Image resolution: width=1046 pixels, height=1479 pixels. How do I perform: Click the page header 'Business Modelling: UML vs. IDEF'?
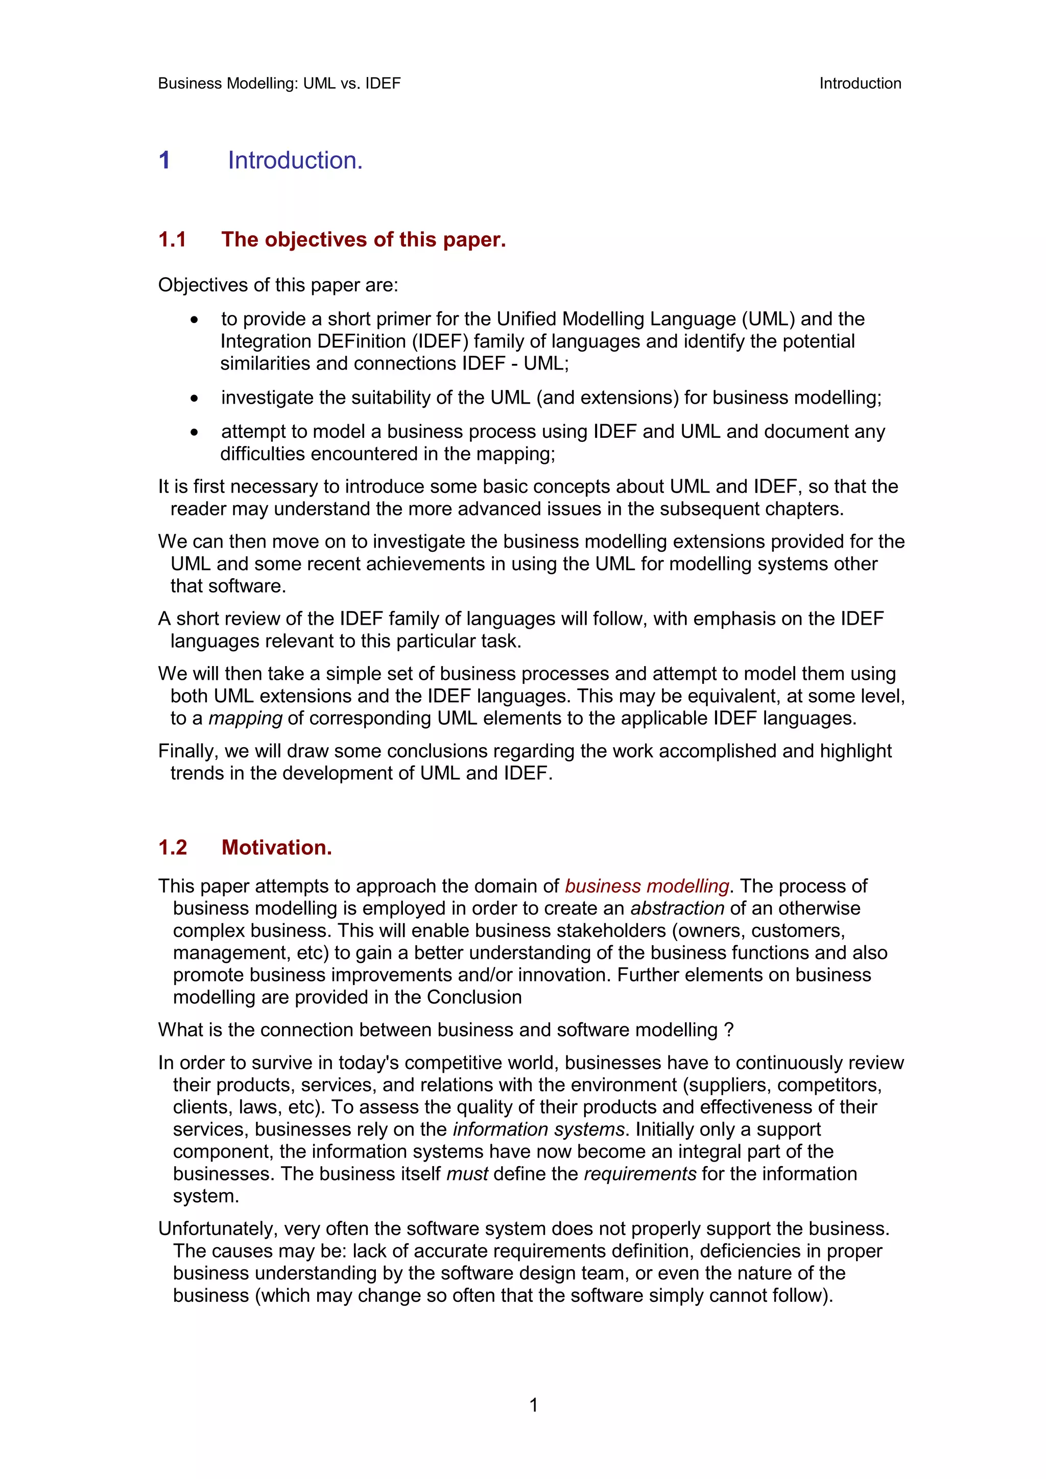279,84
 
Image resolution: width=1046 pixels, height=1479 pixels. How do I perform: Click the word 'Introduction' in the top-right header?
860,84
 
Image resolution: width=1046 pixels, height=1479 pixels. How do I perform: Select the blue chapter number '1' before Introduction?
164,160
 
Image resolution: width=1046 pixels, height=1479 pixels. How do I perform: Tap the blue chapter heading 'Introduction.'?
295,160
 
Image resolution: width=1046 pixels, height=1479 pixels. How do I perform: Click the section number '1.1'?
172,240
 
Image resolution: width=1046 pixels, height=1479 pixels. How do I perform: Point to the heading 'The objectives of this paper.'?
364,240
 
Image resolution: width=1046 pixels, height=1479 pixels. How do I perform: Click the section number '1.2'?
173,847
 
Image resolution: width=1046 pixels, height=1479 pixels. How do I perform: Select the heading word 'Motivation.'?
276,847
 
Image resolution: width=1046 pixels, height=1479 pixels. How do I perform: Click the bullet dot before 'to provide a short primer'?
194,320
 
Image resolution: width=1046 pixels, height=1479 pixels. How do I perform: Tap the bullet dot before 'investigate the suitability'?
194,399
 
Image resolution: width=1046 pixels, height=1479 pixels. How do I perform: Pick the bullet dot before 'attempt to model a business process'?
194,432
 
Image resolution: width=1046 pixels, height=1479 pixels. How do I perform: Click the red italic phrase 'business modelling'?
647,886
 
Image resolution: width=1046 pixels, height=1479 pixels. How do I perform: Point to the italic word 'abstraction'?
677,908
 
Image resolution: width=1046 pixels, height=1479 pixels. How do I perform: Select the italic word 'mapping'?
245,718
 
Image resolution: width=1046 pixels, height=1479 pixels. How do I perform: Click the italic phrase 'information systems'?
538,1129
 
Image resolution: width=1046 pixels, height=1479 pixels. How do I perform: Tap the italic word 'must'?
467,1174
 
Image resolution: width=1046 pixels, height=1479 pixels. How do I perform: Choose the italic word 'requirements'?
639,1174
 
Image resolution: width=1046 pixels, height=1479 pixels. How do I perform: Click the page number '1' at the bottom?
533,1405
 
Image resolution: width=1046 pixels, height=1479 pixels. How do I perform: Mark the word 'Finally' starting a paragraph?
188,751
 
